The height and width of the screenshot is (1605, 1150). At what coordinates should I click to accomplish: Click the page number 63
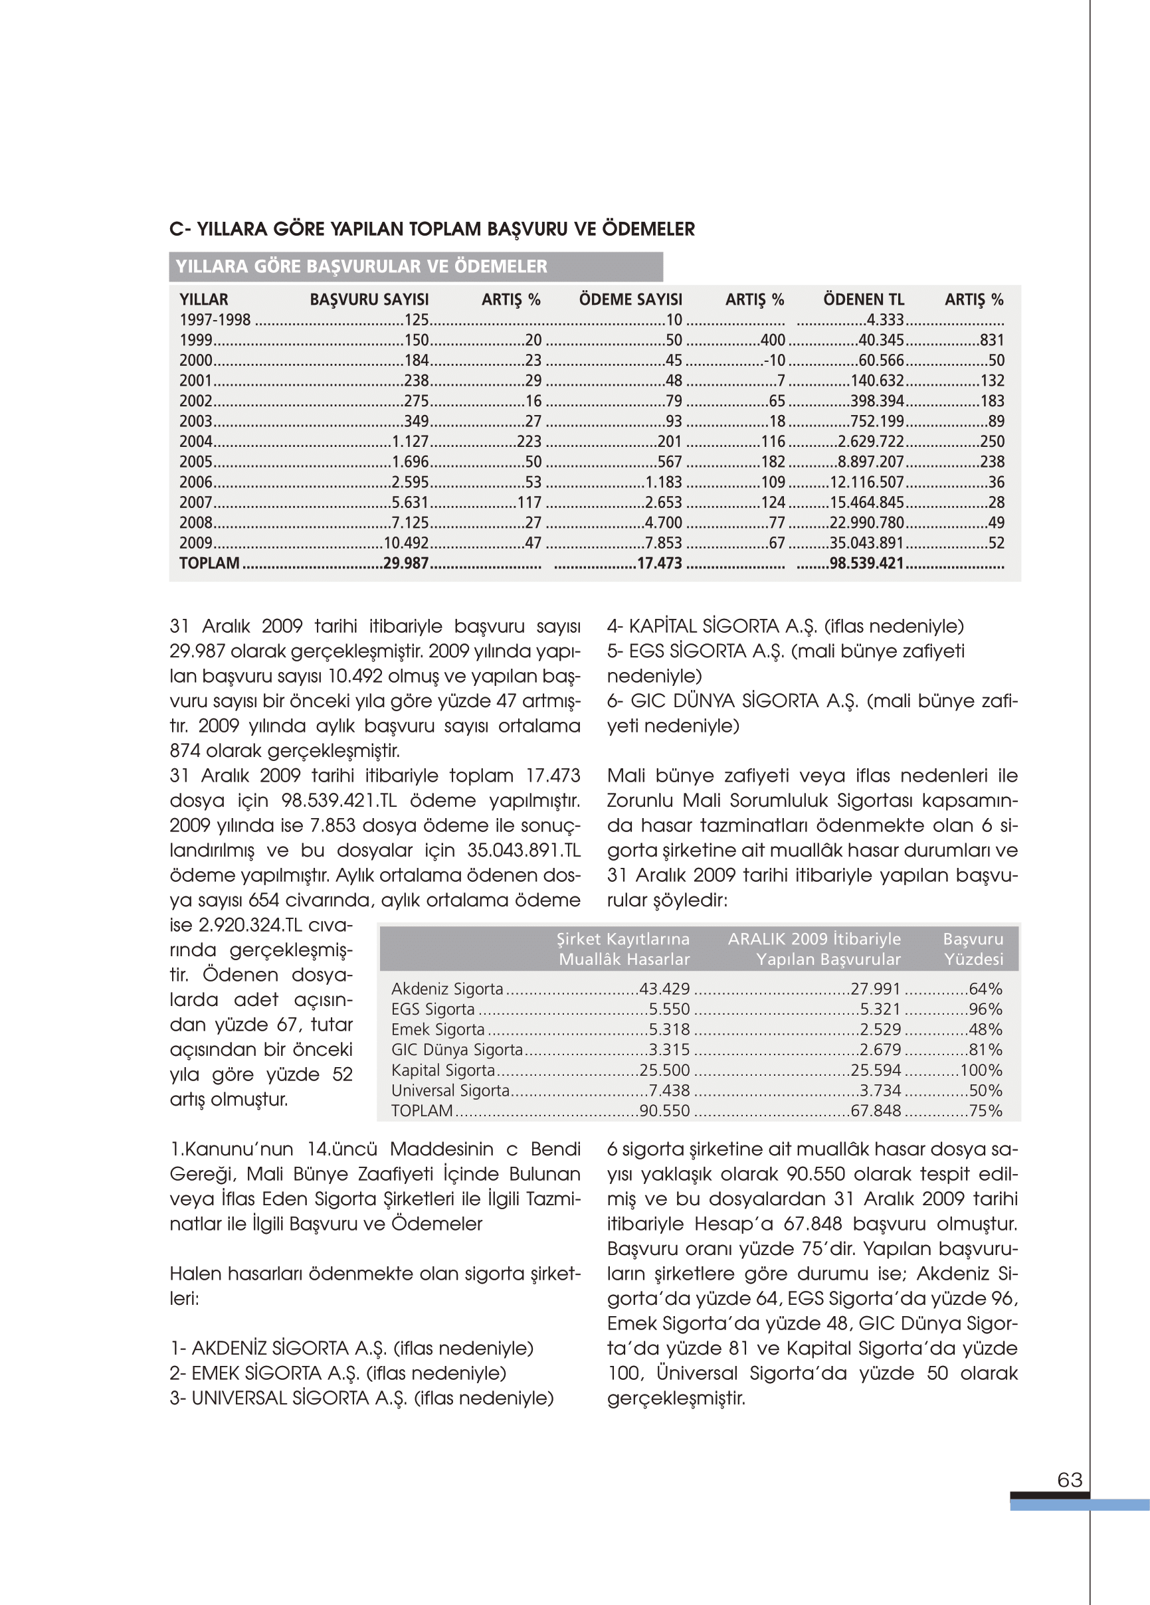1069,1479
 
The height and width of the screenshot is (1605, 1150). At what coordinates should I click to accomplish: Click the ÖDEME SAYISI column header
630,299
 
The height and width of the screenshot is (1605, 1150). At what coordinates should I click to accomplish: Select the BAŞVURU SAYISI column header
369,299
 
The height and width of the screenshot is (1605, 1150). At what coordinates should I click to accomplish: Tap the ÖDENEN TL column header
863,299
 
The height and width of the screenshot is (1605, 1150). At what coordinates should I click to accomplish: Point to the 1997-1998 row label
215,320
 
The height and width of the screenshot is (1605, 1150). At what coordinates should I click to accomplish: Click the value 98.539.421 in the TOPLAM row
867,563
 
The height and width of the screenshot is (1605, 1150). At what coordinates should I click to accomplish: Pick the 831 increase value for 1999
992,341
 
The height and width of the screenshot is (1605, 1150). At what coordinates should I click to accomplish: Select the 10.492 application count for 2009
407,543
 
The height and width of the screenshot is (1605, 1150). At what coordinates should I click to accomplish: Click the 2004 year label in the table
196,442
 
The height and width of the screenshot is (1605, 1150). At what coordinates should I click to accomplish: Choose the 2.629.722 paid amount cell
871,442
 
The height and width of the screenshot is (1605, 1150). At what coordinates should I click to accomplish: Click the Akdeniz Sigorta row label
447,989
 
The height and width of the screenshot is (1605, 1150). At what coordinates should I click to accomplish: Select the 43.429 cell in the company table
664,989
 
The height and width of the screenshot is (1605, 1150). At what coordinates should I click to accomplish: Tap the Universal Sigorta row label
450,1090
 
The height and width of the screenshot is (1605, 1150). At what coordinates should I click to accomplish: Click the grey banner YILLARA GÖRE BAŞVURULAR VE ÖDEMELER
416,267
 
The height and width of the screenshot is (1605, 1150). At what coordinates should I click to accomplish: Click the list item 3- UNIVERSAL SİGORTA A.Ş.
362,1398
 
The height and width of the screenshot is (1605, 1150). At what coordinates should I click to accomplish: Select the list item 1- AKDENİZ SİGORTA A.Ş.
351,1348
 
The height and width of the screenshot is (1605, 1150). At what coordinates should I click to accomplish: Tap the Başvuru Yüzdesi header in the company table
973,949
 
